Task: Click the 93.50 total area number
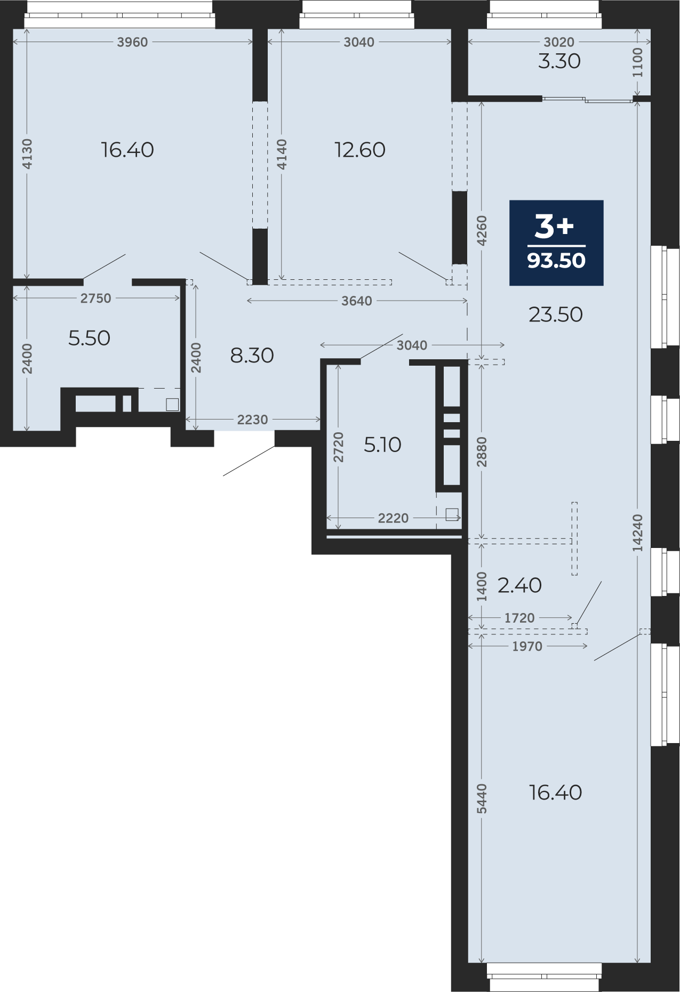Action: coord(556,260)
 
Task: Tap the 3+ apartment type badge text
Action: coord(554,227)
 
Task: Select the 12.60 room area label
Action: coord(360,150)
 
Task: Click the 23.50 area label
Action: coord(556,314)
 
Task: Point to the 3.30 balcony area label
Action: coord(559,61)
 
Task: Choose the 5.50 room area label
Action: coord(89,338)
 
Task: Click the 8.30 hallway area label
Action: coord(252,355)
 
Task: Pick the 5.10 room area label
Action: coord(382,445)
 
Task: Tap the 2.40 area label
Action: coord(519,585)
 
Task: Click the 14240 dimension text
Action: coord(637,533)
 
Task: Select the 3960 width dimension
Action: coord(132,42)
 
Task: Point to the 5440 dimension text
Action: coord(482,799)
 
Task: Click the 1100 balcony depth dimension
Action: coord(637,62)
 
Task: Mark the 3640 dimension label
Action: coord(356,301)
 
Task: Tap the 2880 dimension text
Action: coord(482,452)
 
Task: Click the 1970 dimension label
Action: coord(527,647)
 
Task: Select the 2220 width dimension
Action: coord(393,518)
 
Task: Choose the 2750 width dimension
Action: coord(96,299)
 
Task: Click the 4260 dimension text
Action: coord(482,231)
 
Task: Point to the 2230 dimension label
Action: coord(252,420)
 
